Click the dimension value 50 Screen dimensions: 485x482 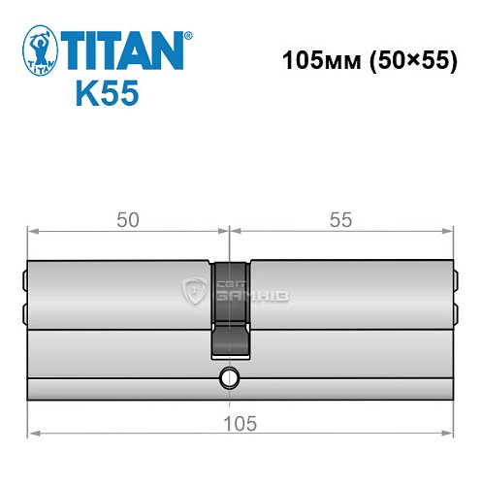(127, 220)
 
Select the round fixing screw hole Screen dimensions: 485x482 (229, 376)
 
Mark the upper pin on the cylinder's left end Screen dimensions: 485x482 (25, 282)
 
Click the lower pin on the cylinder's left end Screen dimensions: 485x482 (25, 313)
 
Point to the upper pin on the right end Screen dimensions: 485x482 (455, 282)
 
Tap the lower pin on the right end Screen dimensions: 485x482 (455, 313)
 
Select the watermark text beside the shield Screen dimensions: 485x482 (239, 289)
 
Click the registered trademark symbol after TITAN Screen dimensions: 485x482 (187, 35)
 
